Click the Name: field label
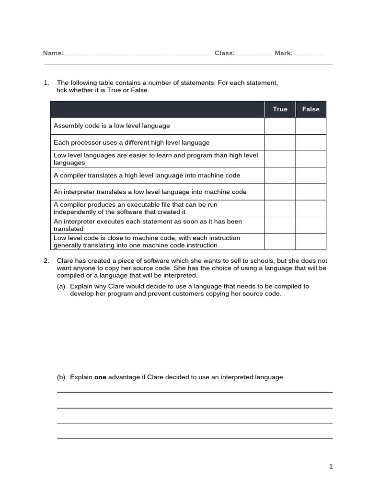[53, 53]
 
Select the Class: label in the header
[224, 53]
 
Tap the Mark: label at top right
[284, 53]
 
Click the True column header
[280, 109]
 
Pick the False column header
[310, 109]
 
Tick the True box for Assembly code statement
[280, 126]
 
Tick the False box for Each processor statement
[310, 142]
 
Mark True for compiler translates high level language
[280, 175]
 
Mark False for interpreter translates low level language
[310, 192]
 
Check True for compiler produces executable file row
[280, 209]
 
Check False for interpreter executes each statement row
[310, 225]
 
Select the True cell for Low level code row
[280, 242]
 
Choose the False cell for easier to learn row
[310, 159]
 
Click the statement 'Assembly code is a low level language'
[112, 126]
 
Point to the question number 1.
[46, 83]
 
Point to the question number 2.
[46, 261]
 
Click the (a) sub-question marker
[61, 287]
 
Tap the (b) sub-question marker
[61, 377]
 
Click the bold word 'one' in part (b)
[100, 377]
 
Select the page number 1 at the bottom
[331, 467]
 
